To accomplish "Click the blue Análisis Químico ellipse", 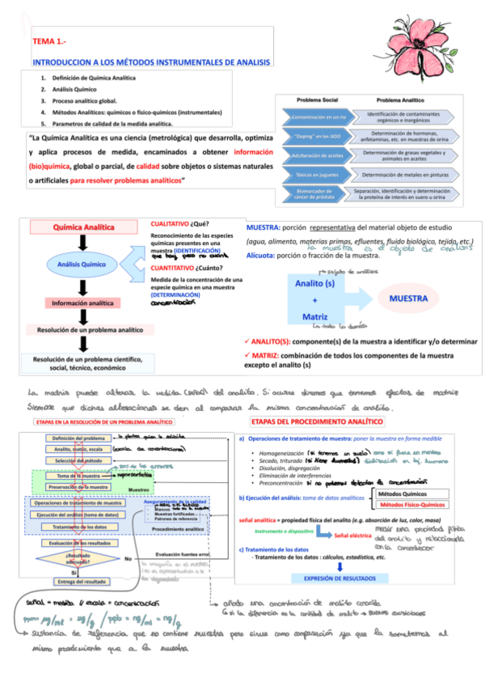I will coord(81,265).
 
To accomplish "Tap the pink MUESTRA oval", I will coord(408,299).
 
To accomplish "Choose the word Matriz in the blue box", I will coord(313,315).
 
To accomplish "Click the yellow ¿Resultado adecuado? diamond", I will coord(73,558).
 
